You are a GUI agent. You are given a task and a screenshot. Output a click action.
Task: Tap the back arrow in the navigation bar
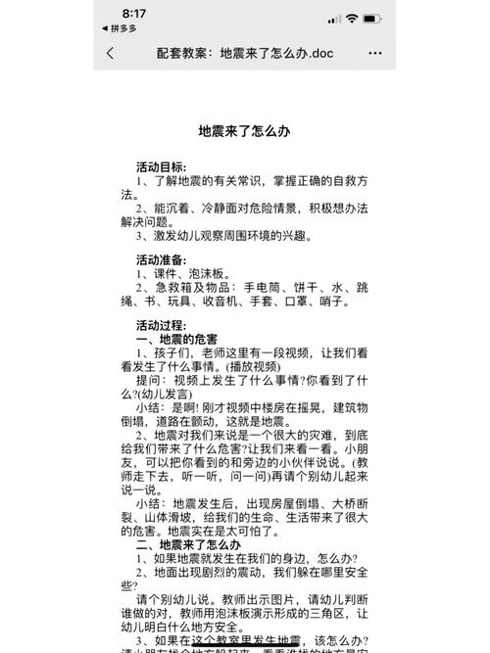tap(110, 53)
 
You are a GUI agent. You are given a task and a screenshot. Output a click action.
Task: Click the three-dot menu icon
tap(374, 53)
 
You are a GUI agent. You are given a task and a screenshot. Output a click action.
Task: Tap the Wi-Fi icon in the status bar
tap(352, 19)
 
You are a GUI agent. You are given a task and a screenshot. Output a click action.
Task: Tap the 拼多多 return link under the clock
tap(120, 29)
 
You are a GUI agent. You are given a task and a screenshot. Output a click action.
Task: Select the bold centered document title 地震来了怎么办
tap(244, 131)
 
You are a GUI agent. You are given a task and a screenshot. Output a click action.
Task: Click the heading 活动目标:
tap(162, 167)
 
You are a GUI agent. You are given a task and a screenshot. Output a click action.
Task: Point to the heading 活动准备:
tap(162, 260)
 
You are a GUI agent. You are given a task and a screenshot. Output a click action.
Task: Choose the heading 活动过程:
tap(162, 325)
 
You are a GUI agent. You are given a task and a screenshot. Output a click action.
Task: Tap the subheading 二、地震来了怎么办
tap(188, 543)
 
